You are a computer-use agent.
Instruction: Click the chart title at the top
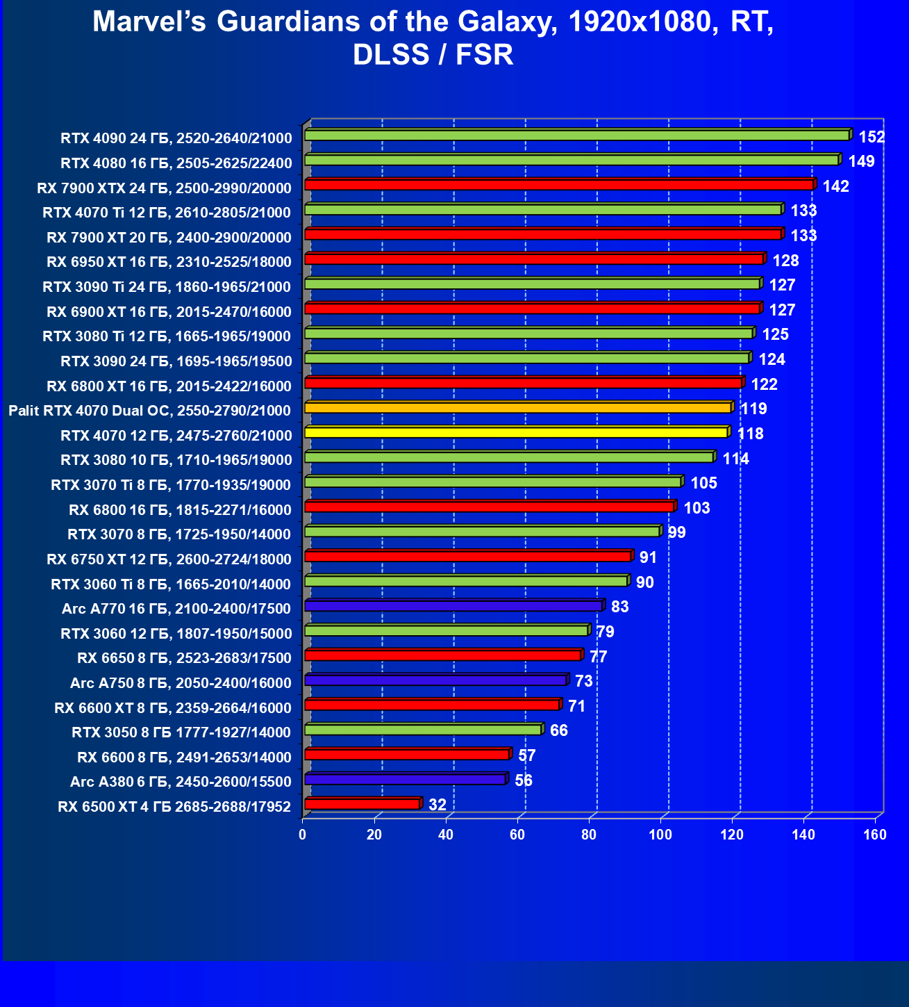click(x=433, y=38)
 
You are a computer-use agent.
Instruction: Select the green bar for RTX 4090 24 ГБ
click(x=576, y=135)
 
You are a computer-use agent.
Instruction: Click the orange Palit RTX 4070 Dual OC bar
click(x=517, y=407)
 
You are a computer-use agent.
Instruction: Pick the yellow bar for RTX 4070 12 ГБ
click(x=515, y=432)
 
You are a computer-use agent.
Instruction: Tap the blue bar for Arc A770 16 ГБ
click(x=453, y=606)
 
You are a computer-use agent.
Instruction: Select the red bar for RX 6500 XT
click(x=362, y=804)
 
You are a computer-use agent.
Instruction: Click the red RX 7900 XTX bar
click(x=558, y=185)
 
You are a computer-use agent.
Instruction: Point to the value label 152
click(x=872, y=137)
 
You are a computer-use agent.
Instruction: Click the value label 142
click(x=835, y=186)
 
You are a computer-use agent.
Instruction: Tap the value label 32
click(x=437, y=805)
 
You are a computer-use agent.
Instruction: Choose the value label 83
click(x=619, y=607)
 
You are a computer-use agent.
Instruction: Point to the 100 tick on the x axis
click(x=660, y=835)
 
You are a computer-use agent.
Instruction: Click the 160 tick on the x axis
click(x=875, y=835)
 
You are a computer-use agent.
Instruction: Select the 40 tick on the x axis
click(x=446, y=835)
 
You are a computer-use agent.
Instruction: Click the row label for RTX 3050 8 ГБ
click(x=181, y=732)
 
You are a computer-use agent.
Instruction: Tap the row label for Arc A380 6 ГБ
click(x=181, y=782)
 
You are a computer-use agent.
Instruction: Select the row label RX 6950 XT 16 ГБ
click(x=169, y=262)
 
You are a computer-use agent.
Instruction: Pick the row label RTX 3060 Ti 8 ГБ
click(x=171, y=584)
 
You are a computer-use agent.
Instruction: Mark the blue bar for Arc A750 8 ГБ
click(x=435, y=680)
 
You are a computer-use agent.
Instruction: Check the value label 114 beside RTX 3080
click(x=735, y=459)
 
